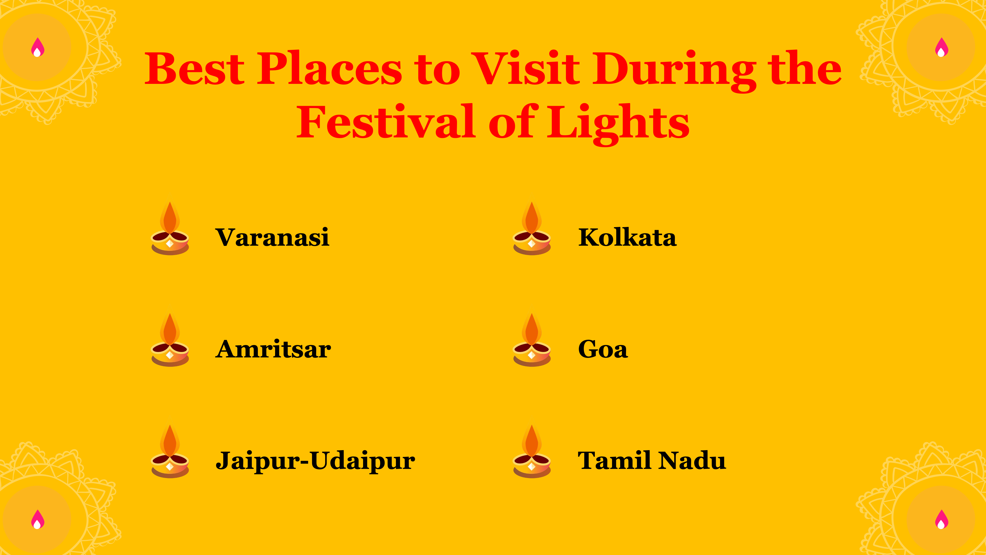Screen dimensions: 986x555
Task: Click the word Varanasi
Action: (x=272, y=238)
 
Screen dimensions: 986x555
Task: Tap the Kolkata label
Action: (x=627, y=238)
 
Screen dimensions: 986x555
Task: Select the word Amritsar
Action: (x=273, y=349)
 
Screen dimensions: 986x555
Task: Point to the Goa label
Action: (x=603, y=349)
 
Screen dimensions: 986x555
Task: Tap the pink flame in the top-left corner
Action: (x=37, y=47)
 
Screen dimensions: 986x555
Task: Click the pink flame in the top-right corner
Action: (x=942, y=47)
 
